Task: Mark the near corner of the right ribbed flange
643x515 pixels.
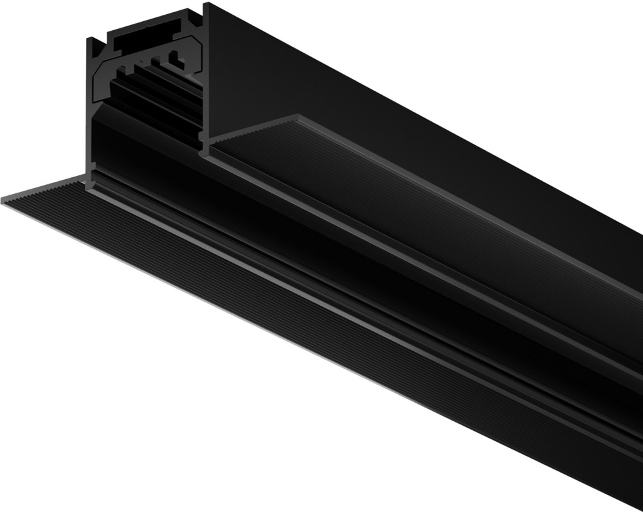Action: pyautogui.click(x=296, y=118)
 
